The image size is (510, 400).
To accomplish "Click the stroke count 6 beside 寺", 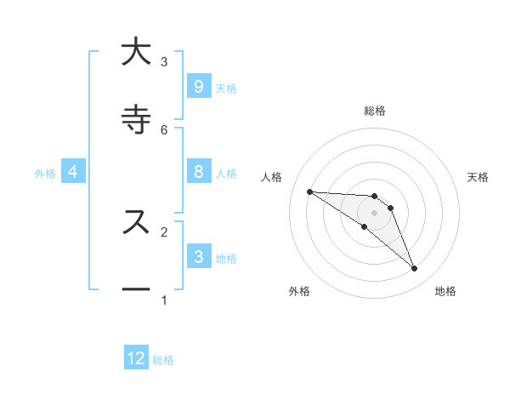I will [164, 129].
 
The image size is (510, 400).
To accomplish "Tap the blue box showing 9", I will [198, 87].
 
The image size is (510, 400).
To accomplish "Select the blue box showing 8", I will [198, 172].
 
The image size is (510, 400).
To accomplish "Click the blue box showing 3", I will [198, 257].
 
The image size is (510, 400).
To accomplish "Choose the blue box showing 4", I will [73, 172].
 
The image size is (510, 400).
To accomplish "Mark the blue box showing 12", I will [136, 358].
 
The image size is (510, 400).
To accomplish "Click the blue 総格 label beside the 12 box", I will [163, 360].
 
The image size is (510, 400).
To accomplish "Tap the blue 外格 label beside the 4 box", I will [45, 174].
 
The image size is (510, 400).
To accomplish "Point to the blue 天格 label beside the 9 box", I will [226, 89].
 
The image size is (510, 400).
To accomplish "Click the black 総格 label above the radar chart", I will [374, 111].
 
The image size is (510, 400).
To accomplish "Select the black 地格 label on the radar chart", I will [445, 291].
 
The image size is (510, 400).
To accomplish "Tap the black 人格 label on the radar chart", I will [272, 177].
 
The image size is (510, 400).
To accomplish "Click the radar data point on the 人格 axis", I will [309, 191].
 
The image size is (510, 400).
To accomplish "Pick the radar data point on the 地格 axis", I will [414, 269].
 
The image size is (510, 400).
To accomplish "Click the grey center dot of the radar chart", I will [374, 213].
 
